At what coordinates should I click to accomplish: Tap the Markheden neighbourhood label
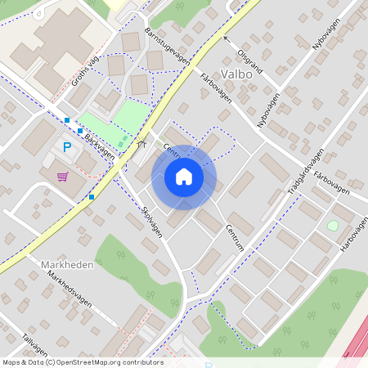coord(67,265)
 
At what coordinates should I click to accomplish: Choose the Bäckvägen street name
coord(99,147)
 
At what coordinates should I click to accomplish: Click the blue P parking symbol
coord(67,147)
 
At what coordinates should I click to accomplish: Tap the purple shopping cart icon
coord(62,176)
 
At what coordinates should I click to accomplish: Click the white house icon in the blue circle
coord(184,177)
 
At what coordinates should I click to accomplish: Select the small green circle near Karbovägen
coord(332,225)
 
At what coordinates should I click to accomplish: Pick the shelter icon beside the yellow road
coord(140,142)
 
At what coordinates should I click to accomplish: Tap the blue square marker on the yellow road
coord(92,196)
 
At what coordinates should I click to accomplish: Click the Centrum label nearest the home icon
coord(173,152)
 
